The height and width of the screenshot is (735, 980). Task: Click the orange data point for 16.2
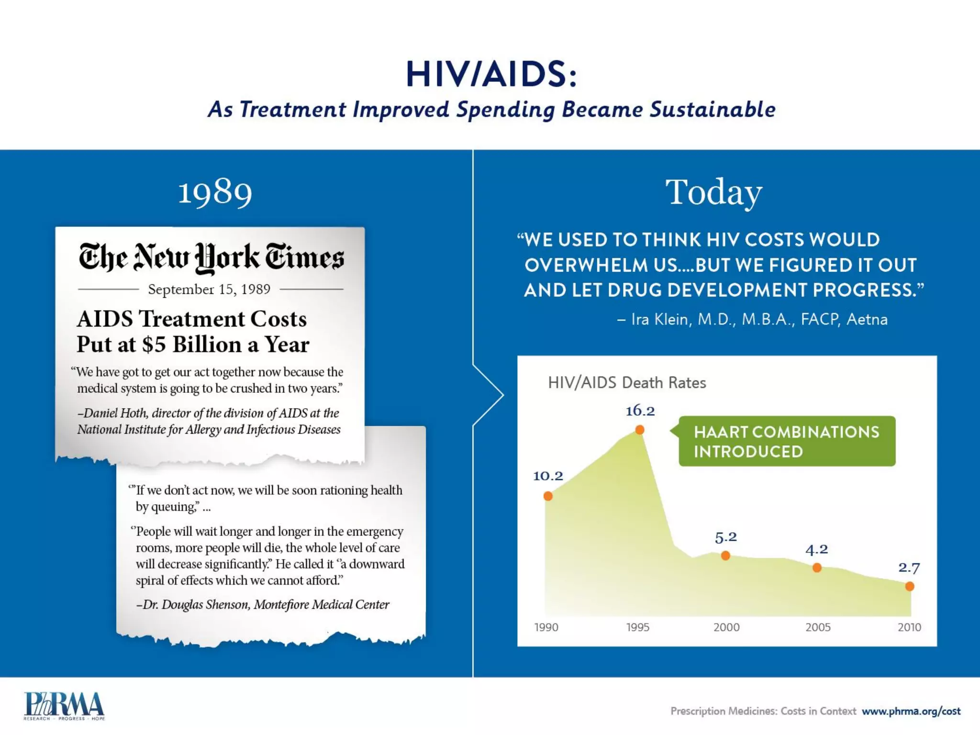tap(639, 430)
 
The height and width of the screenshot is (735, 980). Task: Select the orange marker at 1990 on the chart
tap(548, 496)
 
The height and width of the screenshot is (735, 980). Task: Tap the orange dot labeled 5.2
tap(725, 556)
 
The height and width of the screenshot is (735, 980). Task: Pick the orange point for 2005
tap(817, 568)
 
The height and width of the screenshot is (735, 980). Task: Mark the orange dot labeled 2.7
tap(910, 586)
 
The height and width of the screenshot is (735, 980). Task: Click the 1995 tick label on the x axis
tap(638, 627)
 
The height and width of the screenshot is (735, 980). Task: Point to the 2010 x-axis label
tap(909, 627)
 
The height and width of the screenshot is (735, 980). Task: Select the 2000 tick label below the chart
tap(726, 627)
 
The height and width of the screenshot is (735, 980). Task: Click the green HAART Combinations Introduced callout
tap(787, 441)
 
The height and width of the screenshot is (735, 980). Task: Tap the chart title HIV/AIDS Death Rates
tap(627, 383)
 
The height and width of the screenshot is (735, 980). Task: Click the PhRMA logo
tap(64, 706)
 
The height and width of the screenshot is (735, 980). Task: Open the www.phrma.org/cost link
tap(911, 711)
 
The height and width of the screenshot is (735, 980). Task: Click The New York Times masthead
tap(211, 257)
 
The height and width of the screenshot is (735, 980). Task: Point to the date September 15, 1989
tap(209, 290)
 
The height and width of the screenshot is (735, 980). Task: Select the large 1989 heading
tap(215, 193)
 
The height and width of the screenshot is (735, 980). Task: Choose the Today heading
tap(713, 193)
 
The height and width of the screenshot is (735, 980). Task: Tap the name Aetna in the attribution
tap(867, 319)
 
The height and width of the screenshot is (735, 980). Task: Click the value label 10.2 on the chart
tap(548, 476)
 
